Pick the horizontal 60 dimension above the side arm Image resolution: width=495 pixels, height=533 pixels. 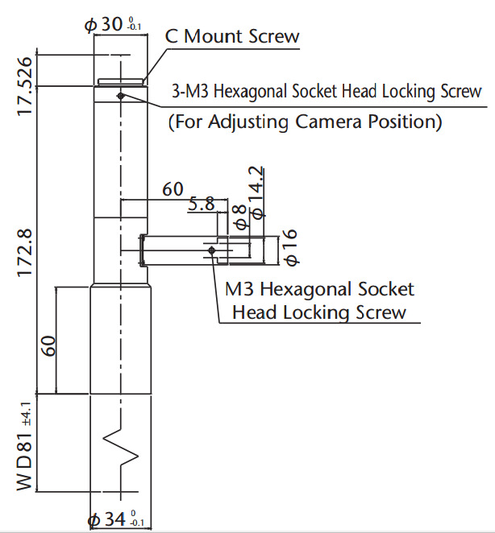click(173, 190)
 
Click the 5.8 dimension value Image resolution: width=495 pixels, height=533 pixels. click(202, 205)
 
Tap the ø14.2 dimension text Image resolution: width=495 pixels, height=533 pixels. click(256, 192)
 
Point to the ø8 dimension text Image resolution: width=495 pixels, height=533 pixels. click(239, 217)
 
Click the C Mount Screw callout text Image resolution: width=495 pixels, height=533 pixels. click(232, 36)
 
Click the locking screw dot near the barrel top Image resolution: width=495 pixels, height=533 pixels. click(119, 96)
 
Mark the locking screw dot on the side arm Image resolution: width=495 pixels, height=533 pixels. click(211, 250)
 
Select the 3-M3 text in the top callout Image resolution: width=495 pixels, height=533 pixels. click(190, 91)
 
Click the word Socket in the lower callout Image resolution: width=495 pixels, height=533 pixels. click(381, 289)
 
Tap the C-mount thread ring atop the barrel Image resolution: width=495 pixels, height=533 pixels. click(121, 81)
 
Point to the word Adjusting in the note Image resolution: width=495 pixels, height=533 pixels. click(247, 122)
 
